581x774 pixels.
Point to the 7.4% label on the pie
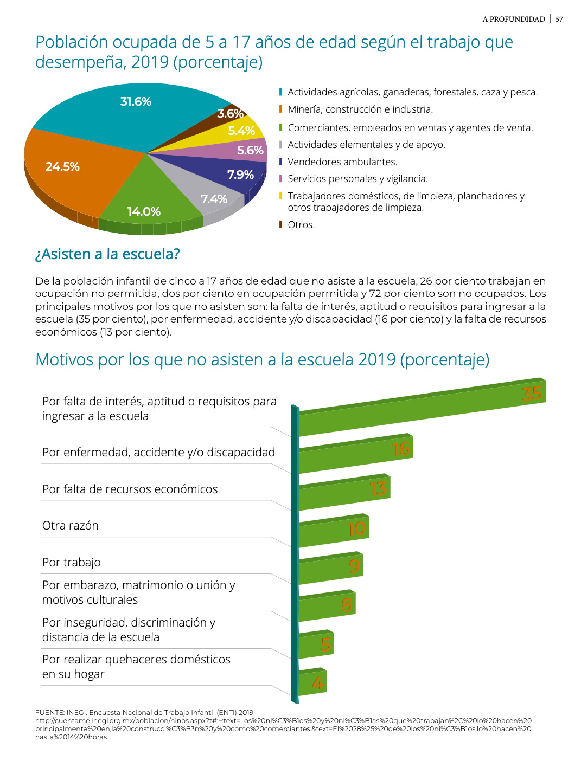pos(214,199)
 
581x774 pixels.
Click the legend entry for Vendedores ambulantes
pos(339,162)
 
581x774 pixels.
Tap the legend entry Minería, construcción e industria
pos(356,109)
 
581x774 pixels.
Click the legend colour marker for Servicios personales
pos(281,178)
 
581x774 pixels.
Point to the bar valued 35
pos(422,407)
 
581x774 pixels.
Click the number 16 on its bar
pos(401,449)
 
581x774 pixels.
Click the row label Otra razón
pos(70,525)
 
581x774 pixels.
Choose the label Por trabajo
pos(71,562)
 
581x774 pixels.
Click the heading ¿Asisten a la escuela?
pos(107,254)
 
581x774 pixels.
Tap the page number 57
pos(559,19)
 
